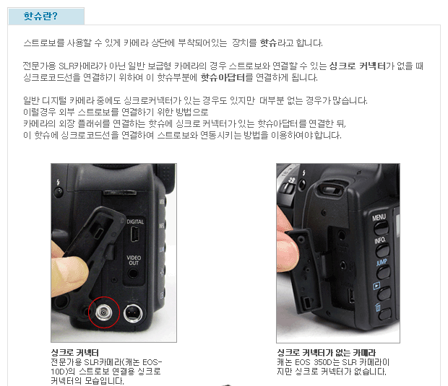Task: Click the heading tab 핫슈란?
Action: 46,16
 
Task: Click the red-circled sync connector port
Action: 104,312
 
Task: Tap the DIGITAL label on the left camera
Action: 135,221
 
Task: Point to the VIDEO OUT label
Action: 134,260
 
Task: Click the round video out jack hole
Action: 133,273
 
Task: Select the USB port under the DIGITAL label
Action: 135,234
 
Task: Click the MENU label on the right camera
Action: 379,217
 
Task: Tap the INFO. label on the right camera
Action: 380,240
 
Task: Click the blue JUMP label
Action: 382,262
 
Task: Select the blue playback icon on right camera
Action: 377,285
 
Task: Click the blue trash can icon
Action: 378,307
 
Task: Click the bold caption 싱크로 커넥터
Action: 75,353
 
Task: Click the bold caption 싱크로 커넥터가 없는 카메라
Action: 327,353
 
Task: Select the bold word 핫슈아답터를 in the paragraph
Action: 223,77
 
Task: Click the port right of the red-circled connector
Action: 133,313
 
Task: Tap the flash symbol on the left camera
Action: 59,183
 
